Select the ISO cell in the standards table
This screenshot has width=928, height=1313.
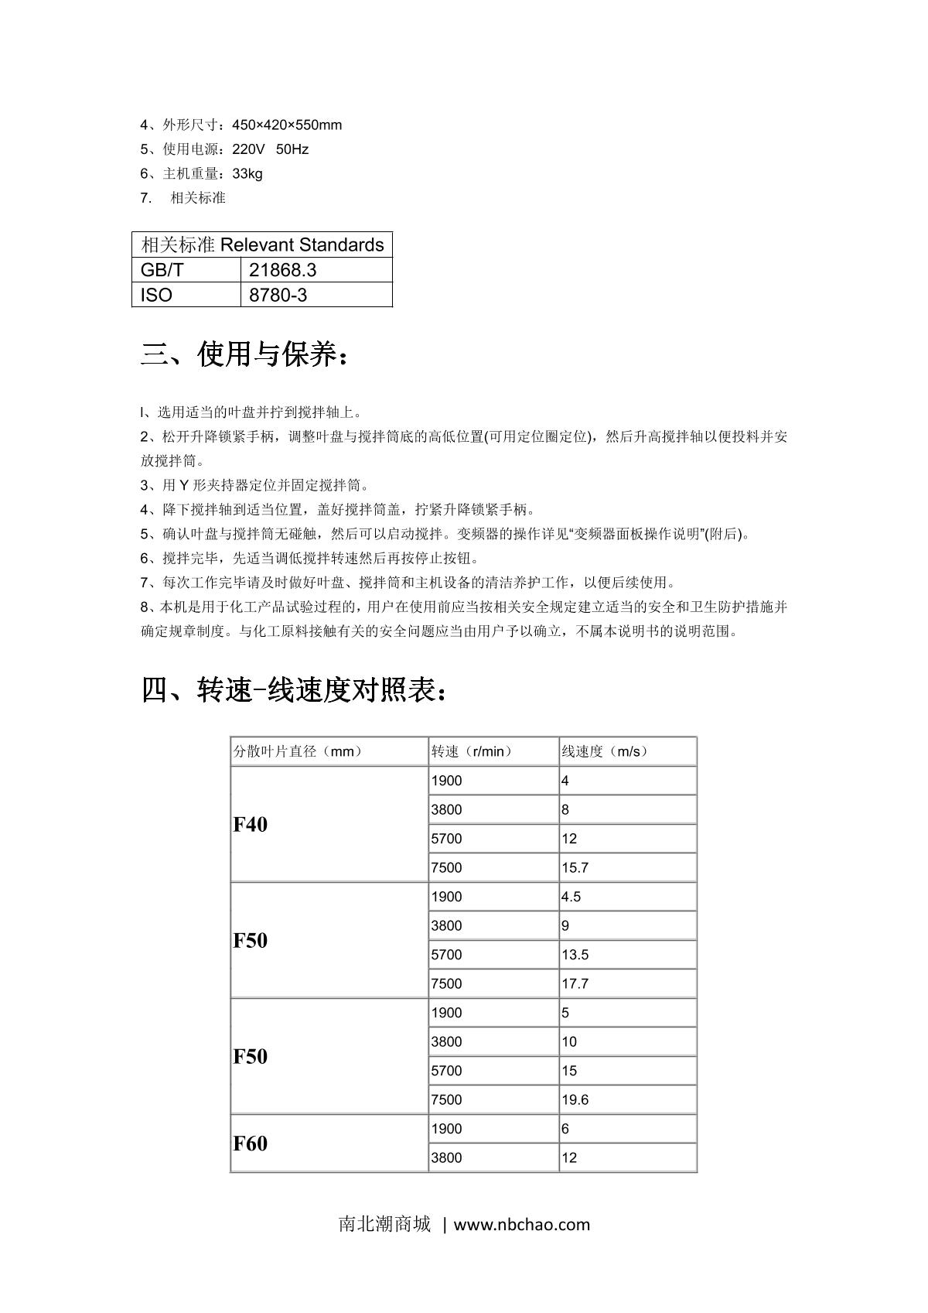[x=157, y=295]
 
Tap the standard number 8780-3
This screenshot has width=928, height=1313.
[x=278, y=295]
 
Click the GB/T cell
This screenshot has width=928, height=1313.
[x=162, y=270]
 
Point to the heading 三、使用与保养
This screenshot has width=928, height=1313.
[x=245, y=355]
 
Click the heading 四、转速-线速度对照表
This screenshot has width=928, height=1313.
[x=294, y=689]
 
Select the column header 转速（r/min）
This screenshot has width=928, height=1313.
[x=472, y=751]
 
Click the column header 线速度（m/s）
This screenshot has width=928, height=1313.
[x=605, y=751]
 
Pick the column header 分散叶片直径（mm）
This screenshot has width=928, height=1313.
[x=299, y=751]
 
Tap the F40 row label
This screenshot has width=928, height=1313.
[x=251, y=825]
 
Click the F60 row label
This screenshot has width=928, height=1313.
[x=251, y=1144]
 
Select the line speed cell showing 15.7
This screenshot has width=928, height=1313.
[x=575, y=868]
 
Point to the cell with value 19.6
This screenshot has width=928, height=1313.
[x=575, y=1100]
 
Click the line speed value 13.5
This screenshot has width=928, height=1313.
[x=575, y=955]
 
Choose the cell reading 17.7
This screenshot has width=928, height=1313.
[x=575, y=984]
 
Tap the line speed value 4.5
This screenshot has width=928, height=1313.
[x=571, y=897]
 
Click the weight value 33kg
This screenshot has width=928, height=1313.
[x=247, y=173]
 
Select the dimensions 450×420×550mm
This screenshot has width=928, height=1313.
[x=287, y=125]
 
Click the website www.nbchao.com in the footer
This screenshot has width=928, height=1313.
[x=521, y=1225]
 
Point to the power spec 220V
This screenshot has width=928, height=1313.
[x=249, y=149]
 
